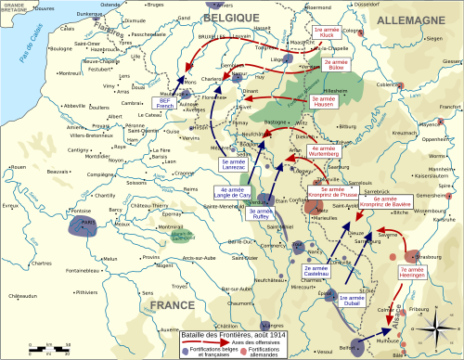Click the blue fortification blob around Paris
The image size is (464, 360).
(x=88, y=227)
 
